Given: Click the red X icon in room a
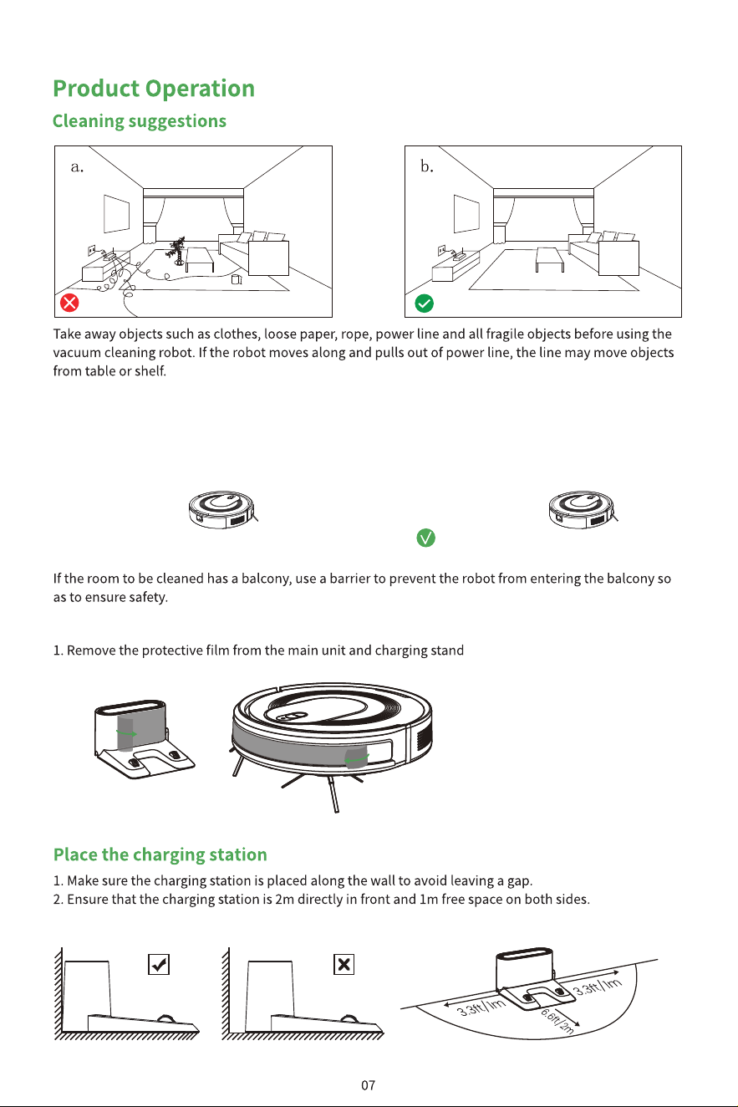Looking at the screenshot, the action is [69, 303].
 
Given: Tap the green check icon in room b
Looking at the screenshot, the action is [425, 303].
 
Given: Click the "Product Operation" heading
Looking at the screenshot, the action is [154, 89].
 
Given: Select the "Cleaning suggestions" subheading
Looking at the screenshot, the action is [140, 121].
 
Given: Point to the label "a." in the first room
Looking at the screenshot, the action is [77, 167].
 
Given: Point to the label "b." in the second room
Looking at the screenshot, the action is [427, 166].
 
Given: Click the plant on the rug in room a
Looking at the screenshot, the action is [177, 251].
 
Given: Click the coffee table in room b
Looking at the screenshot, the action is [550, 259].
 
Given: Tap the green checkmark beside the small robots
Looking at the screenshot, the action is [425, 538].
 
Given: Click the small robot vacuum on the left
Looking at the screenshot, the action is [222, 509].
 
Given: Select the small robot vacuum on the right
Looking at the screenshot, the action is [583, 509].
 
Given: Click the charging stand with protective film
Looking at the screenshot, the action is [143, 739].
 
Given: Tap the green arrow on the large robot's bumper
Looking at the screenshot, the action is [357, 758].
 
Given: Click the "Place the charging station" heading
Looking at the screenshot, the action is [160, 854].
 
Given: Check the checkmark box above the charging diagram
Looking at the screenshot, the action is [159, 964].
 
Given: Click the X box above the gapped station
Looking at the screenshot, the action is [344, 964].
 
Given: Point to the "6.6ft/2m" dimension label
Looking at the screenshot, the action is [558, 1020].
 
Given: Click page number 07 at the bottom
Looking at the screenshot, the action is [368, 1085].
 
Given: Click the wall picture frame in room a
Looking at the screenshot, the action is [116, 214].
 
